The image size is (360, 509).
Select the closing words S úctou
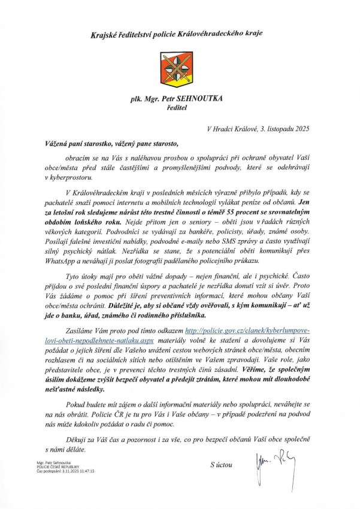222,465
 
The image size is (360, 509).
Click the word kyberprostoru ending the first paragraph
72,178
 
